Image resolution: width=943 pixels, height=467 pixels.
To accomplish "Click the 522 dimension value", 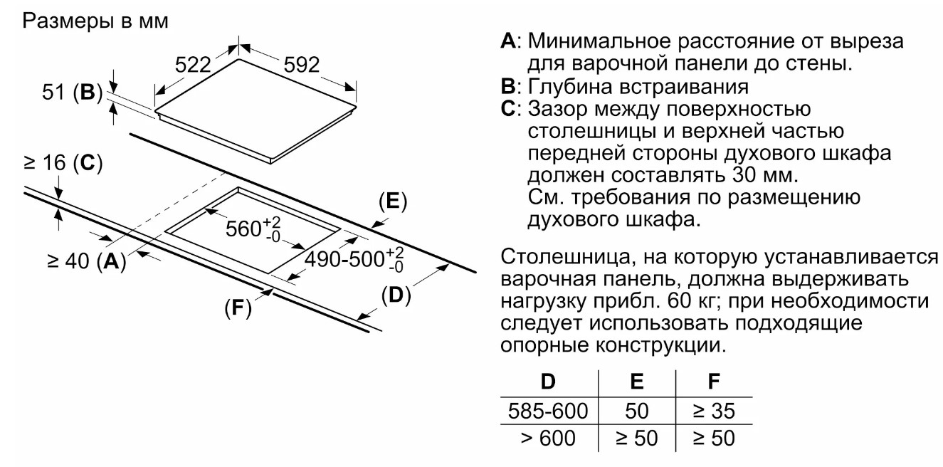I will click(194, 66).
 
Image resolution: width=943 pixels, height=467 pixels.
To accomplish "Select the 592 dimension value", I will click(301, 66).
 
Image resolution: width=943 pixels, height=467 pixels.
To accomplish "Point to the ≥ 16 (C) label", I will click(62, 164).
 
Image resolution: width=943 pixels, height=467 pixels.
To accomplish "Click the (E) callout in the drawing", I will click(391, 201).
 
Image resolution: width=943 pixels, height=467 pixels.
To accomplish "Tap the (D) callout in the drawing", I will click(396, 294).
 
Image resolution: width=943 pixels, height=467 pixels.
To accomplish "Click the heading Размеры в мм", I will click(98, 21).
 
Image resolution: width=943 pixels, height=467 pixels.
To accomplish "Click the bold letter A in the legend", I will click(508, 42).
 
